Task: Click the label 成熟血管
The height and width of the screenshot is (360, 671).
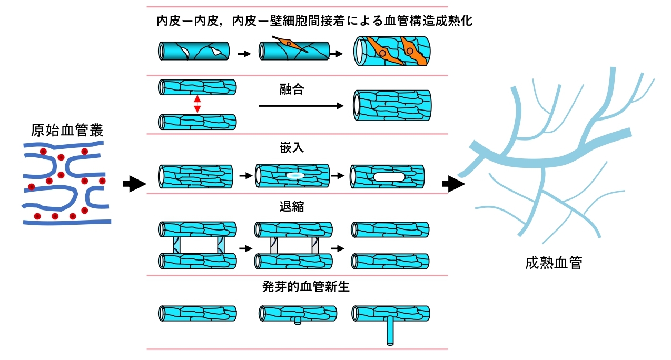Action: (554, 263)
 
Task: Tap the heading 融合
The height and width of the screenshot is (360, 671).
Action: (291, 89)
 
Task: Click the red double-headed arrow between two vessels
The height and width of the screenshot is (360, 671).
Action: (198, 104)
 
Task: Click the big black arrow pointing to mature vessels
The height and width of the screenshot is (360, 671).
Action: (452, 184)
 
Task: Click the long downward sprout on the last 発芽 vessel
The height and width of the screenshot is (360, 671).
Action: (390, 332)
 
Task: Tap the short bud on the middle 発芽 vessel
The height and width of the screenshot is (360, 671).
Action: (298, 320)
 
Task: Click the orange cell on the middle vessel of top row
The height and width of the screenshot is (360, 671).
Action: (290, 44)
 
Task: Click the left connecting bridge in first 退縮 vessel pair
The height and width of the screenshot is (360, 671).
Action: (177, 245)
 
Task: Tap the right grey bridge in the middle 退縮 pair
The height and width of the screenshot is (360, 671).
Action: (314, 245)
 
